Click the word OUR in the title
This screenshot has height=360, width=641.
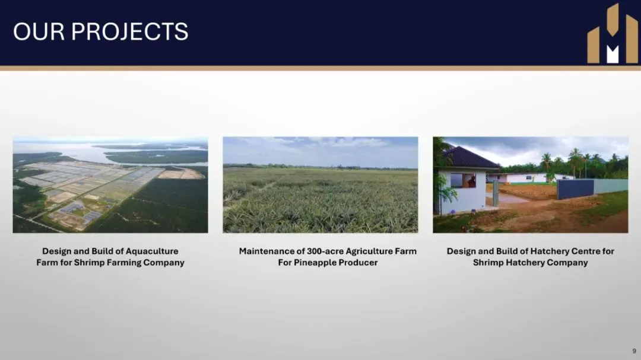point(39,31)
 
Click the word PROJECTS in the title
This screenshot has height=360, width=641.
point(129,31)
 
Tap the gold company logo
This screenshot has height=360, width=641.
point(613,33)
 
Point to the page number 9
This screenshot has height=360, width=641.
point(634,351)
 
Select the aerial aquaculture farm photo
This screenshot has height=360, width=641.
point(110,184)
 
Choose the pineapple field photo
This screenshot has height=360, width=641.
point(320,184)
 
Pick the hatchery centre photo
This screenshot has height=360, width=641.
point(531,184)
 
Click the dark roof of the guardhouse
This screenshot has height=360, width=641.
point(470,158)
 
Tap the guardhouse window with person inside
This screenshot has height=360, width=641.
point(463,180)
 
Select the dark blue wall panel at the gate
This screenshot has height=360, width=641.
point(575,189)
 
